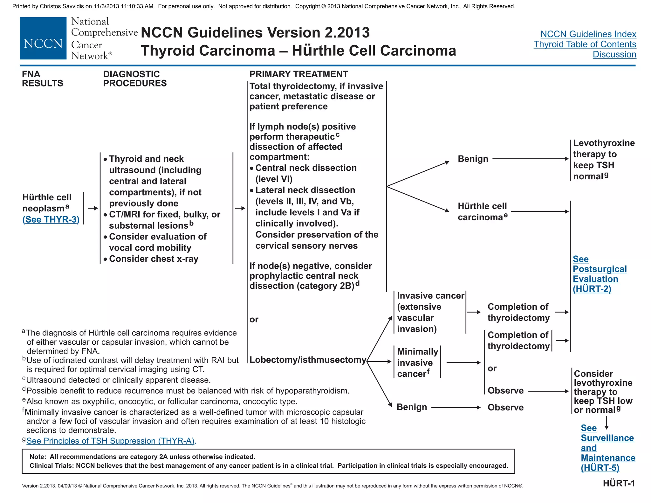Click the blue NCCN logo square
pos(43,38)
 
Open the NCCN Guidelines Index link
pos(588,34)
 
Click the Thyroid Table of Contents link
pos(585,44)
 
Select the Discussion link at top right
pos(614,54)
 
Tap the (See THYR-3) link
pos(51,219)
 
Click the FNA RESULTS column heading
pos(42,79)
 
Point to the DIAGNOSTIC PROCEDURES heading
pos(135,79)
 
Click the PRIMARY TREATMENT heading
pos(298,74)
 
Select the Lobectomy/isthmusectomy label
pos(308,360)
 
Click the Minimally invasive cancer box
pos(417,362)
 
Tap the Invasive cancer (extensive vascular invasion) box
pos(430,312)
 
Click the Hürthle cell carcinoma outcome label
pos(482,211)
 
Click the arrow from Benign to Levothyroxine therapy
pos(530,159)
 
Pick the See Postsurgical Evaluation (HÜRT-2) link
pos(599,274)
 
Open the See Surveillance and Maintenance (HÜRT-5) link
pos(607,448)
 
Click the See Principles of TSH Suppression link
pos(110,441)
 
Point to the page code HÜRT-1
pos(619,483)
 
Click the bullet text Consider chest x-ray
pos(154,259)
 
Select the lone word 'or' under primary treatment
pos(254,319)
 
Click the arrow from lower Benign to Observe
pos(456,407)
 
